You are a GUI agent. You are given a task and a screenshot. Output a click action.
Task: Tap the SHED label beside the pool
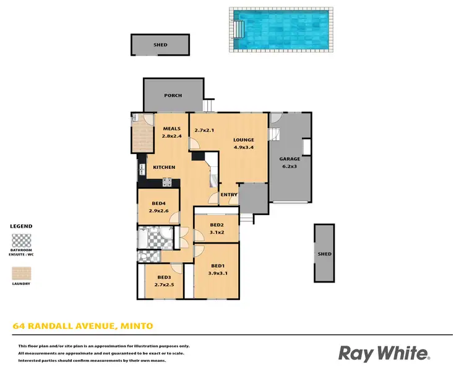pos(160,45)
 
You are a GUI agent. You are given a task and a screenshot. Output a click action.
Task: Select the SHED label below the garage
pos(324,254)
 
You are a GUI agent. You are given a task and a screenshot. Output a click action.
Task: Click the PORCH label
pos(173,96)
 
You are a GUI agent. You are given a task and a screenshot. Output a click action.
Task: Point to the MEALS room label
pos(171,129)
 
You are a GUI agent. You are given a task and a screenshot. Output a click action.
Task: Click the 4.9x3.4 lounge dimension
pos(243,147)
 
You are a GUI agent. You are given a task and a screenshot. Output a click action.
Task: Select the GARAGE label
pos(289,159)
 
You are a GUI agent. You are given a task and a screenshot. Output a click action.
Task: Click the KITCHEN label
pos(165,168)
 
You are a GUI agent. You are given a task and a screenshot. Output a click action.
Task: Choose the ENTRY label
pos(229,195)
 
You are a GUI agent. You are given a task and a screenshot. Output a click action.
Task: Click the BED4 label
pos(158,203)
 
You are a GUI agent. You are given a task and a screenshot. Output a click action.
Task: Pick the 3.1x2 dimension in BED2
pos(216,232)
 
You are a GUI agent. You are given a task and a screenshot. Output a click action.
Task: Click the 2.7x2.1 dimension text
pos(204,130)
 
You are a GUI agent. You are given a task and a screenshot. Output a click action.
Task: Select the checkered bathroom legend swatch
pos(22,240)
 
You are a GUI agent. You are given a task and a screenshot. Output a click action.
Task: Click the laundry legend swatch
pos(22,273)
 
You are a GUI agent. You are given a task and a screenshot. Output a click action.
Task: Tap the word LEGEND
pos(22,226)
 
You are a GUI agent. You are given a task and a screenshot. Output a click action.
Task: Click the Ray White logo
pos(384,353)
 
